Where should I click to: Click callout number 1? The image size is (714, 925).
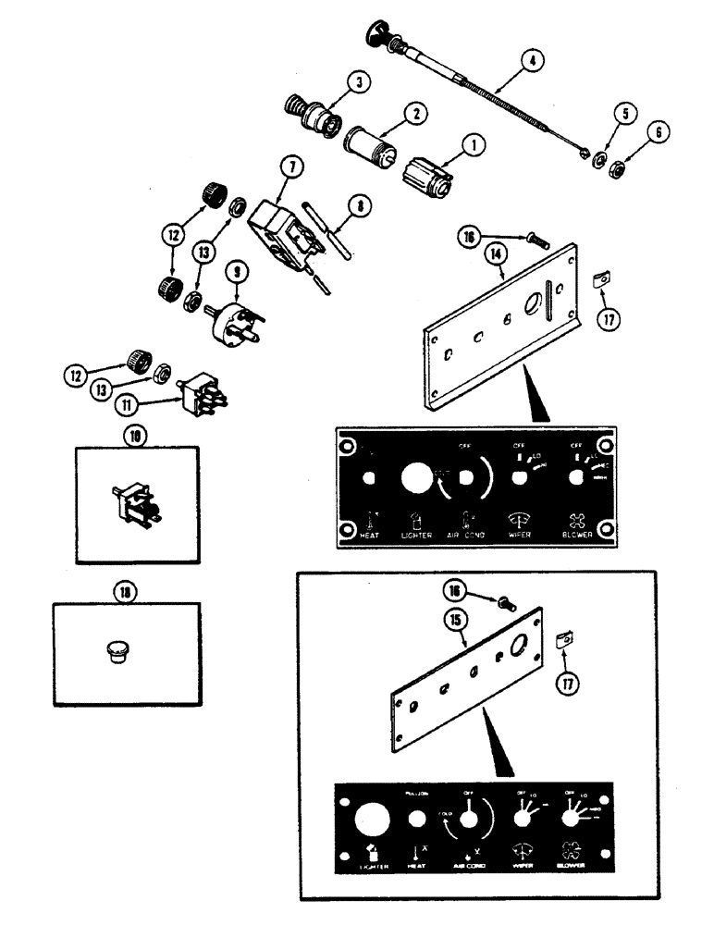[x=474, y=144]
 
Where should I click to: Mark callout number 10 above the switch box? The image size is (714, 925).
[x=138, y=435]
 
